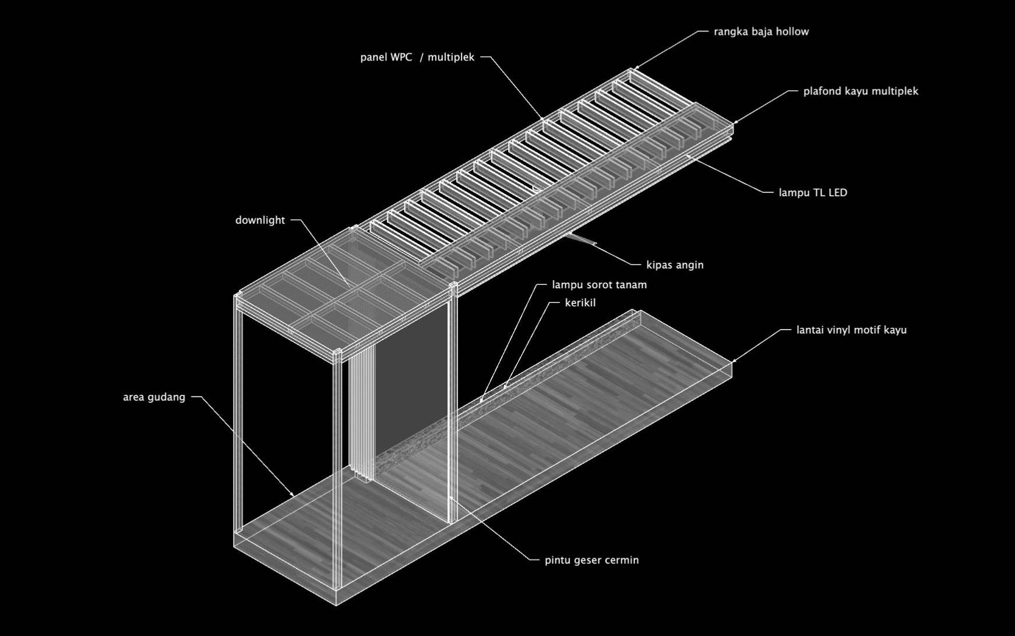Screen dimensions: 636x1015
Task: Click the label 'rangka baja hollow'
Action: (761, 31)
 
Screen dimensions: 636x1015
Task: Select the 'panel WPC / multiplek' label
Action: (417, 57)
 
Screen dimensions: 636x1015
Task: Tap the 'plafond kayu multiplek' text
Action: (861, 91)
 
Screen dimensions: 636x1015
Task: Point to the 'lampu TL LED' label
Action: (813, 192)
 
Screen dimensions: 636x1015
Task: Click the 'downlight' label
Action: (260, 220)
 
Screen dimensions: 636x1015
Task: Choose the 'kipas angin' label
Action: (675, 265)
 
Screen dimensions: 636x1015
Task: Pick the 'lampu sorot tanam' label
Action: (599, 285)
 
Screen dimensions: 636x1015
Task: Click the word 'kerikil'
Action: (580, 303)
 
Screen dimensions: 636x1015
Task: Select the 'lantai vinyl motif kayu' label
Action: (851, 330)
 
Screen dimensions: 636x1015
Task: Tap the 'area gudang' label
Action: (154, 397)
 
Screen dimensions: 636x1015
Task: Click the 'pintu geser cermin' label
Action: (591, 560)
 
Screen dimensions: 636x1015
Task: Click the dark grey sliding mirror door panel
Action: (411, 384)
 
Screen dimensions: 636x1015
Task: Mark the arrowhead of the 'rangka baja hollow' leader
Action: (636, 69)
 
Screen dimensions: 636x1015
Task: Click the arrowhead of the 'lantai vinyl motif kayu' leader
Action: (734, 361)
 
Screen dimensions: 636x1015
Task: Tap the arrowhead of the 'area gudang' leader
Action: (293, 495)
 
